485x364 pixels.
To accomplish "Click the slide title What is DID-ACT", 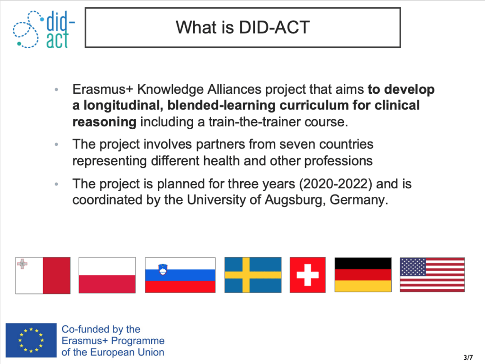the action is (x=243, y=27).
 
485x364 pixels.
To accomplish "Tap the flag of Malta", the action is (x=43, y=275).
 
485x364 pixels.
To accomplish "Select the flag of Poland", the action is (x=107, y=275).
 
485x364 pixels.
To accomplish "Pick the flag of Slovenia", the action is (x=180, y=275).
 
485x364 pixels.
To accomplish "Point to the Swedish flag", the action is (x=253, y=275).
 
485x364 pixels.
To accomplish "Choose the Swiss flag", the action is (x=308, y=275).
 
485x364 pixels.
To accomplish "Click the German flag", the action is (x=363, y=275).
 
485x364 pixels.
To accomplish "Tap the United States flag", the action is (x=432, y=275).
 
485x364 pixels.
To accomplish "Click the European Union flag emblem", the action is (x=31, y=340).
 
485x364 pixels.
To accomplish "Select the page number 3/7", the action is (x=468, y=357).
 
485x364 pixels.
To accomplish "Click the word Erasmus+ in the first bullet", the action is (x=103, y=89).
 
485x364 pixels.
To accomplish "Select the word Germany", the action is (x=359, y=200).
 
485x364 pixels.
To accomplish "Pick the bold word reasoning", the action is (x=104, y=122).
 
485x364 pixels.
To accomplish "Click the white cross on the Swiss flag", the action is (x=308, y=275).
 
